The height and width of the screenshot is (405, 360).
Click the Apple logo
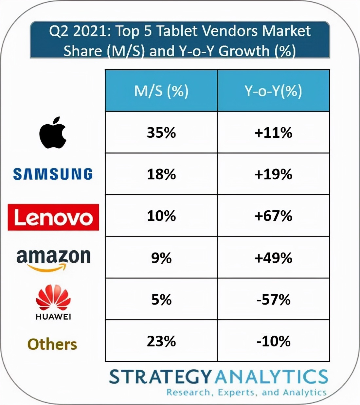(x=53, y=132)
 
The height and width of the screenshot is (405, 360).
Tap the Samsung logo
(x=53, y=174)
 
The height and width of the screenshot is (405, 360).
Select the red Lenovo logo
(x=53, y=217)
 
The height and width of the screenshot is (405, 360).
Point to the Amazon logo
(x=53, y=259)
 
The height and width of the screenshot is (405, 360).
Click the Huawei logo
(x=53, y=302)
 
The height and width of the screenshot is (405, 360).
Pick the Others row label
(x=52, y=344)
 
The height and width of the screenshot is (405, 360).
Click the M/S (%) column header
(x=161, y=91)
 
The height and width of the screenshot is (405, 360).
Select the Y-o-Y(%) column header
(x=273, y=91)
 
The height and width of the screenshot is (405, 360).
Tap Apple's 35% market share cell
(x=161, y=132)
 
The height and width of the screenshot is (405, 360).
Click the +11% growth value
(x=273, y=132)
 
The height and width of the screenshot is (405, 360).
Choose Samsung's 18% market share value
(x=161, y=174)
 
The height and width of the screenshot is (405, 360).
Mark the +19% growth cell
(x=273, y=174)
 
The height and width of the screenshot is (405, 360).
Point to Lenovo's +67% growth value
(x=273, y=216)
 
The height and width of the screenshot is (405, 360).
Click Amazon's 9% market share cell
(x=161, y=258)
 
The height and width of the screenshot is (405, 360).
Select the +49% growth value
(x=273, y=258)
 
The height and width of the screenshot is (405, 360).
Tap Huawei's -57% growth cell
(x=273, y=299)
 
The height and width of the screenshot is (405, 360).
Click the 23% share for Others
(x=161, y=341)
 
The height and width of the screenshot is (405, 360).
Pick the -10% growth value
(x=273, y=341)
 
